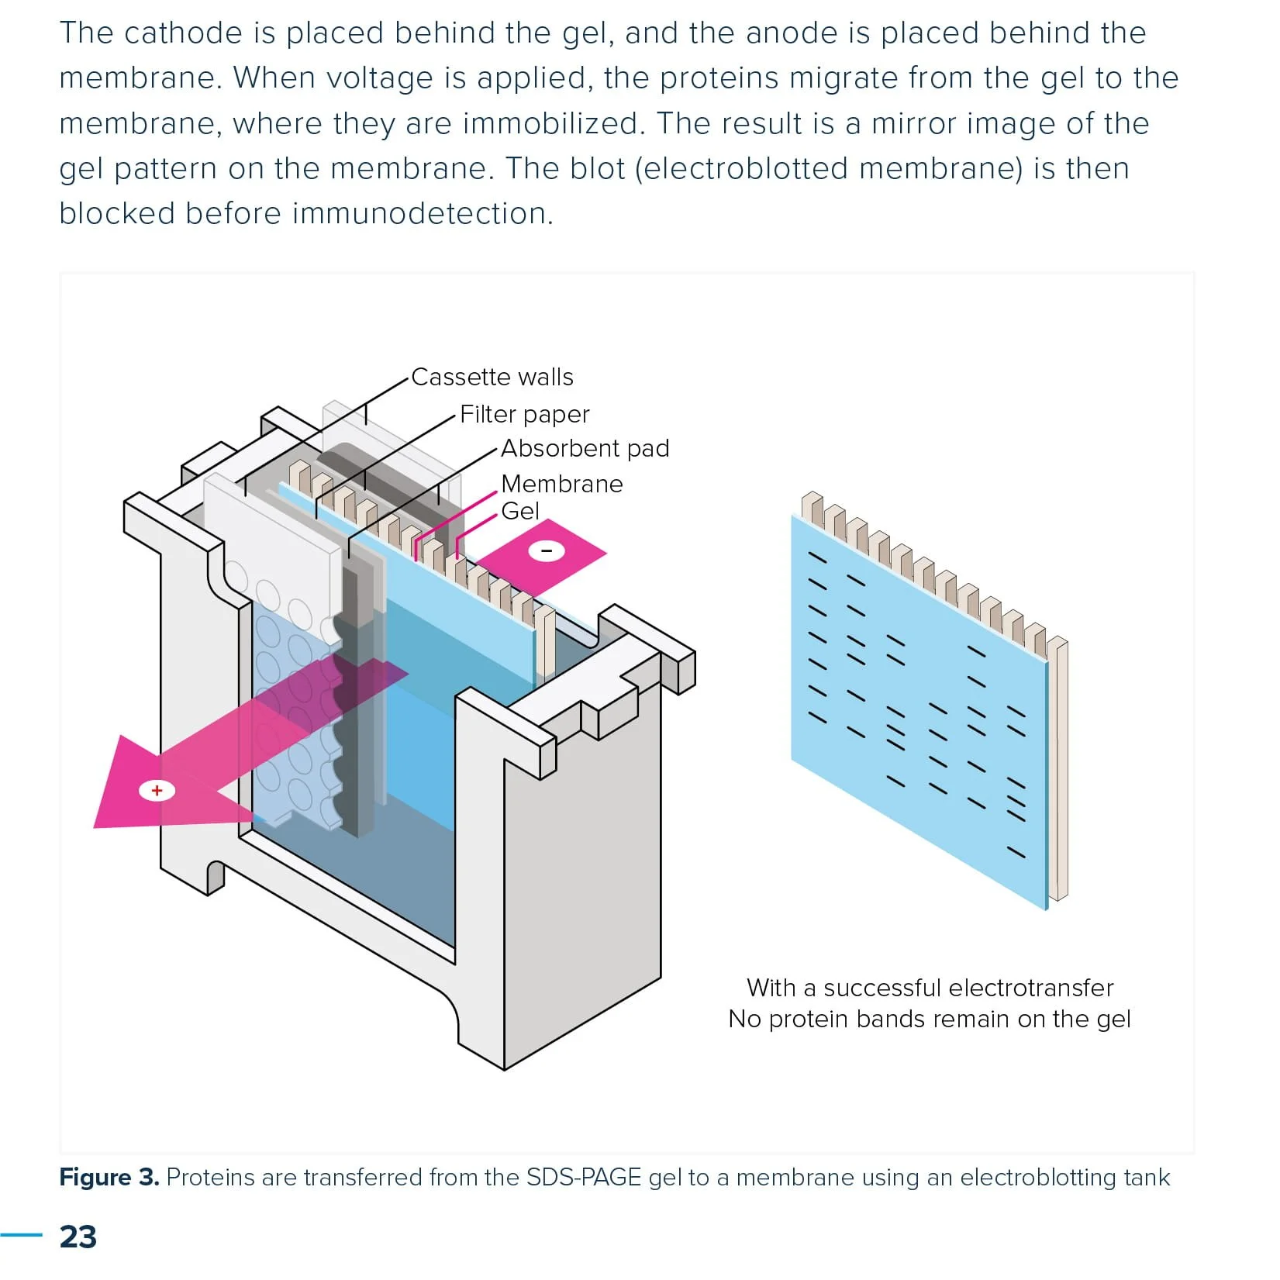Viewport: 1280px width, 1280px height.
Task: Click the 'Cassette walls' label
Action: [x=492, y=377]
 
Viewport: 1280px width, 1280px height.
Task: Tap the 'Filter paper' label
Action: [x=524, y=414]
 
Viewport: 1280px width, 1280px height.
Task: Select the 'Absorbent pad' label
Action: [x=585, y=448]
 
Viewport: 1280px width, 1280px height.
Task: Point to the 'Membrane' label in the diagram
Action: [x=561, y=484]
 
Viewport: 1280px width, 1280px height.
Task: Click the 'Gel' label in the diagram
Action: [x=519, y=511]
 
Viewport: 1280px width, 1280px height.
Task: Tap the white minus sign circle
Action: [x=547, y=551]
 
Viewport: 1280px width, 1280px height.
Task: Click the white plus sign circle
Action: [x=157, y=791]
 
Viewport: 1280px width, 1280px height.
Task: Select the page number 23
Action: [x=78, y=1237]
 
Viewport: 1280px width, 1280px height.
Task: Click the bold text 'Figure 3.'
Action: [x=109, y=1177]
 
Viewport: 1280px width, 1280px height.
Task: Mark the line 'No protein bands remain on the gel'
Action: [x=929, y=1019]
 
